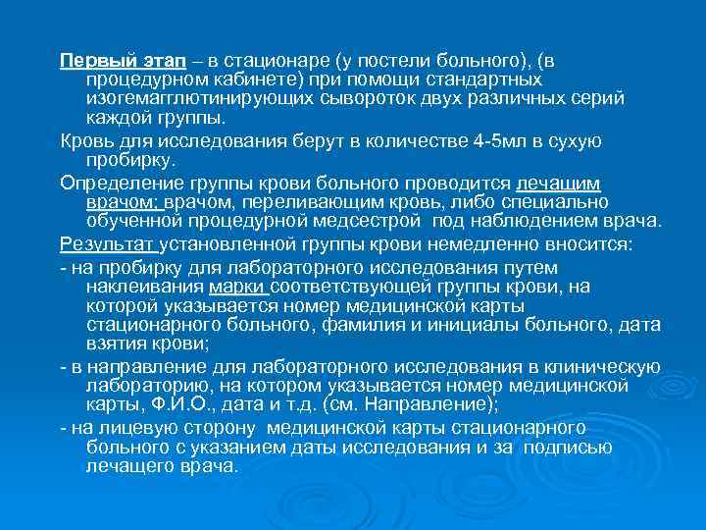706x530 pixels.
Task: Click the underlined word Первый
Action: click(88, 59)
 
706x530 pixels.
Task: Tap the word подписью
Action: click(568, 448)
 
